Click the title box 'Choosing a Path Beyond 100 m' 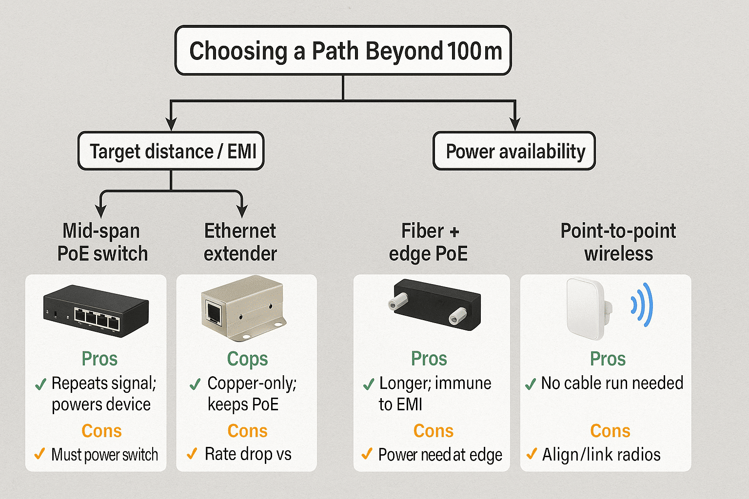[343, 50]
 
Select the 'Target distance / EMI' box [171, 151]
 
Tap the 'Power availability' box [514, 151]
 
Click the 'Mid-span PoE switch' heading [102, 242]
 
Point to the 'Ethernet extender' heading [240, 242]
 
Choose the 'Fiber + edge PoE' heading [428, 242]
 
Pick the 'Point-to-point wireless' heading [618, 242]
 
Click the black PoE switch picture [96, 311]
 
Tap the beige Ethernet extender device [243, 308]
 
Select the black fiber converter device [434, 305]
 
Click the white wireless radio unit [589, 309]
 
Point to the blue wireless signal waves [642, 305]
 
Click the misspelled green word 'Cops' [247, 359]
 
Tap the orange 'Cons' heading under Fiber [434, 430]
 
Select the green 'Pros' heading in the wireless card [608, 359]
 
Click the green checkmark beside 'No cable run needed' [531, 384]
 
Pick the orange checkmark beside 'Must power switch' [39, 454]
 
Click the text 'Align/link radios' [601, 455]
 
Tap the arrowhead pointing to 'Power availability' [515, 124]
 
